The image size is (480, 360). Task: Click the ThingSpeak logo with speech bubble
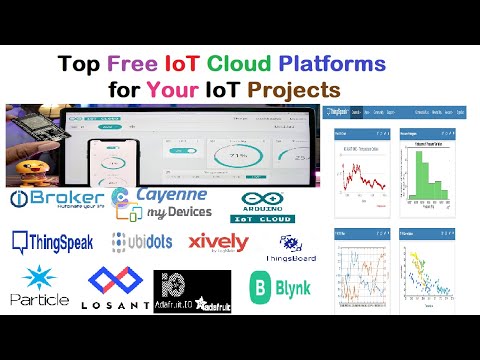(x=53, y=241)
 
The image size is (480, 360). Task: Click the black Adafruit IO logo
(x=192, y=291)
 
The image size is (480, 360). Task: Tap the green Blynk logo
(x=280, y=289)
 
